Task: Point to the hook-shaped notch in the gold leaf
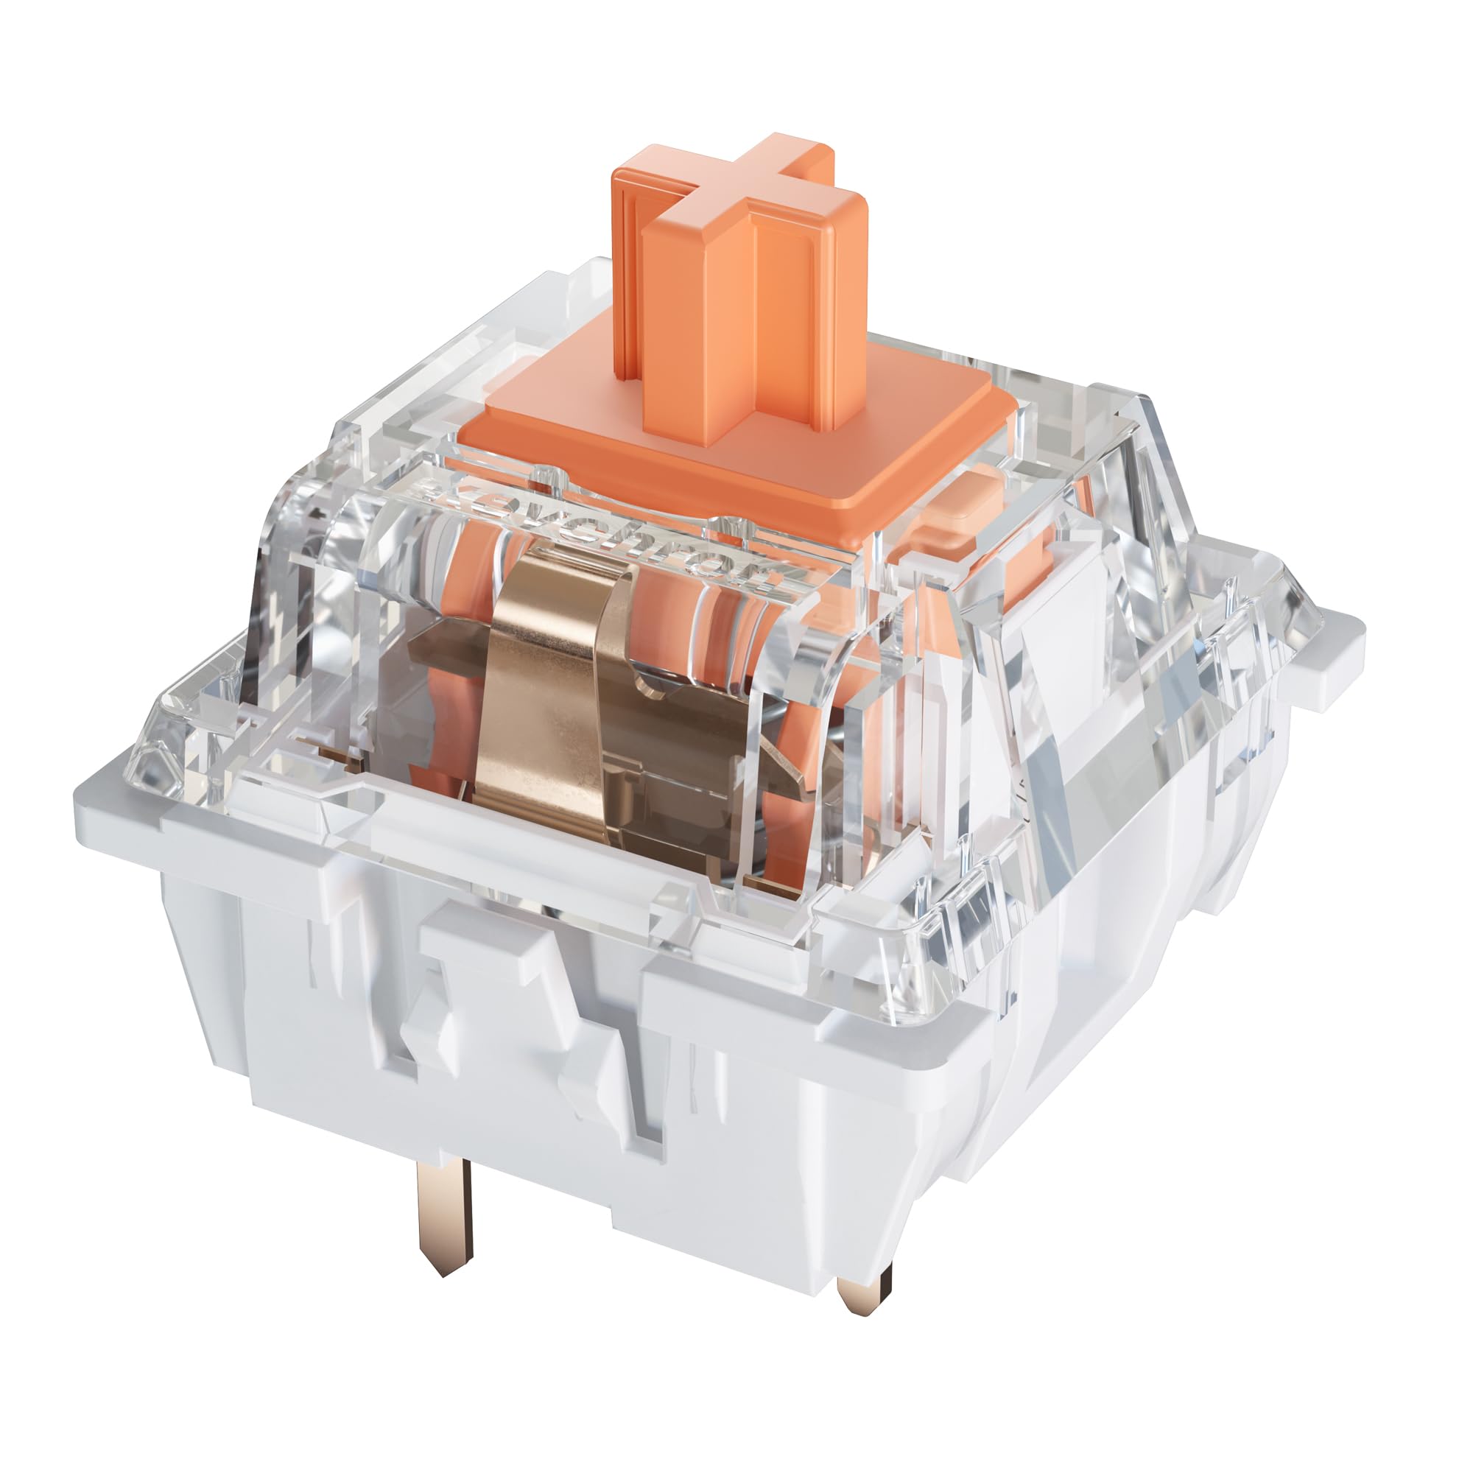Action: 655,678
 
